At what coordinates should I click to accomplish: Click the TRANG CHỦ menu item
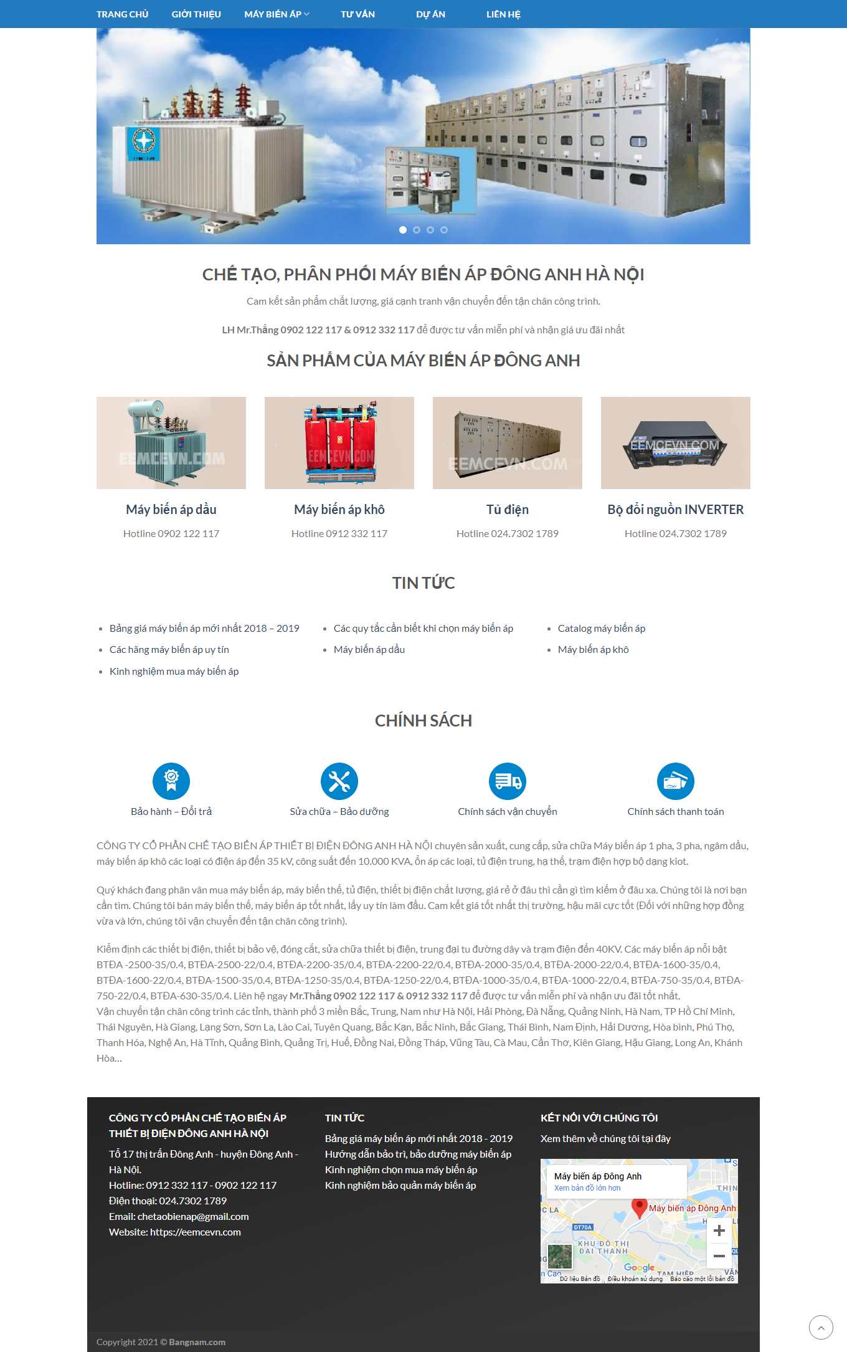click(122, 14)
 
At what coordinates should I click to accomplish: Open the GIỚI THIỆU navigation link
click(196, 14)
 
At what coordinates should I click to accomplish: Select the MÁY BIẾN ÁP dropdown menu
click(276, 14)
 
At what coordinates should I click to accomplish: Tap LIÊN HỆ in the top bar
click(503, 14)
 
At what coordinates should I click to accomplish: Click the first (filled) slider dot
click(403, 230)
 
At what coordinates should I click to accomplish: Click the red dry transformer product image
click(339, 443)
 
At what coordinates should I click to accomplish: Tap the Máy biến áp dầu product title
click(171, 510)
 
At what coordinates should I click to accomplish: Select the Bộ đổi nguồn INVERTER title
click(675, 510)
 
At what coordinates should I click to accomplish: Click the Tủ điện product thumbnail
click(508, 443)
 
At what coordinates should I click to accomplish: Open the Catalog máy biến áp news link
click(601, 628)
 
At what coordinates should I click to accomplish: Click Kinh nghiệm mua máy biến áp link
click(174, 671)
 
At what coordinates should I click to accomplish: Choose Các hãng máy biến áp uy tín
click(169, 649)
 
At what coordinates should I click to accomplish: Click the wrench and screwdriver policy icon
click(339, 781)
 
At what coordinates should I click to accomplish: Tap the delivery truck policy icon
click(508, 781)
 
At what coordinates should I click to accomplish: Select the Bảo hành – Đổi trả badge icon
click(171, 781)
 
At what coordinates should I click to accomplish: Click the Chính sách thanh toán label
click(675, 811)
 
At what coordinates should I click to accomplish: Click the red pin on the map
click(639, 1207)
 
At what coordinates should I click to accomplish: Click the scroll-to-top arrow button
click(821, 1327)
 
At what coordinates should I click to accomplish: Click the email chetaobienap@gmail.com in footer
click(193, 1216)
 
